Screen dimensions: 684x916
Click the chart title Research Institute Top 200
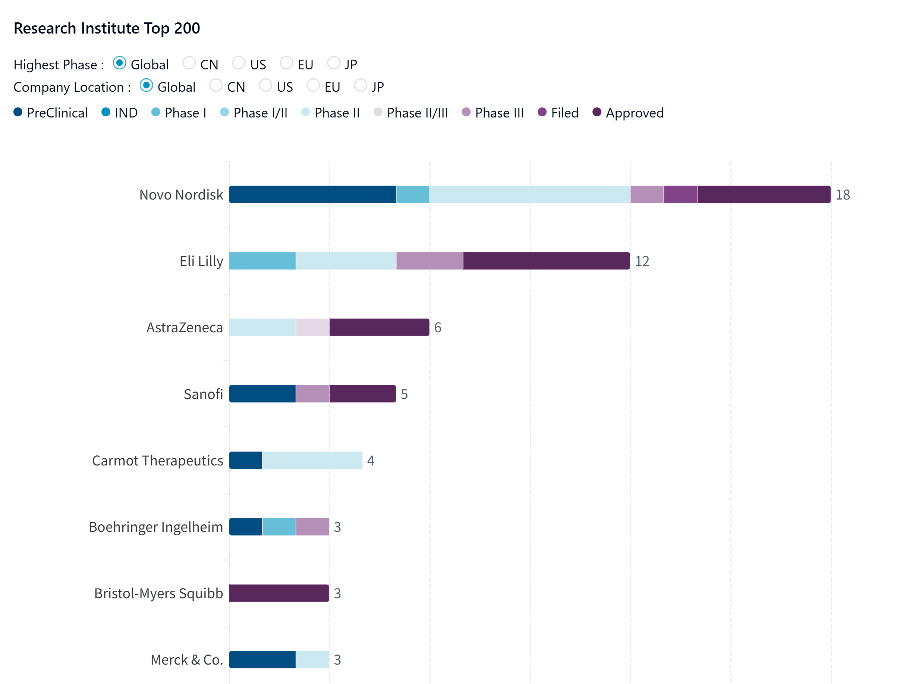pos(107,28)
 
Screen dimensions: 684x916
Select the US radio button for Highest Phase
pos(239,63)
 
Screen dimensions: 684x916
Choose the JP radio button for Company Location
pos(361,85)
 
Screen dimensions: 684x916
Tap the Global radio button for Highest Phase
pos(120,63)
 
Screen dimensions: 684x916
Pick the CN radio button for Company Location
pos(215,85)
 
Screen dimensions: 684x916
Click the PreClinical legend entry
pos(50,113)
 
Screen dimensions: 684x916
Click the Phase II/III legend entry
pos(410,113)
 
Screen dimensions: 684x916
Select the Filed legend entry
pos(558,113)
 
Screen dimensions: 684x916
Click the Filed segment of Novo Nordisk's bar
pos(680,195)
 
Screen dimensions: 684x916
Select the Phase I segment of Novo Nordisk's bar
pos(413,195)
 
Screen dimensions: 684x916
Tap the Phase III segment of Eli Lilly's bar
pos(429,261)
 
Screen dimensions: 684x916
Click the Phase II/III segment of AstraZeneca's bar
pos(312,327)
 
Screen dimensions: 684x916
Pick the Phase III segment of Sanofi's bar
pos(312,394)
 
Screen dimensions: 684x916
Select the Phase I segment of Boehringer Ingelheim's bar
pos(279,527)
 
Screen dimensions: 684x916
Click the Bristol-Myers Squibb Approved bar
pos(279,593)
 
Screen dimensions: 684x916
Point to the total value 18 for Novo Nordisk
pos(842,195)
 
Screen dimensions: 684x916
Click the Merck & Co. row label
pos(187,659)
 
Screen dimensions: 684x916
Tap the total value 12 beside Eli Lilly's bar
pos(642,261)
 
